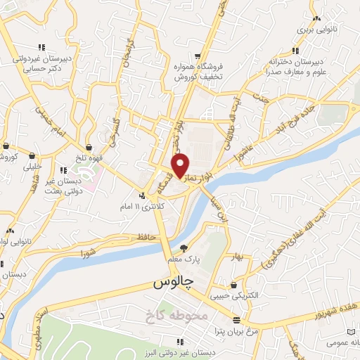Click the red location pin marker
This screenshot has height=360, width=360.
[x=181, y=166]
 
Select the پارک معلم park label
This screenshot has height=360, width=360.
[x=184, y=259]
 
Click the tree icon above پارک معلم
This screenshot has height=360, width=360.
[x=184, y=247]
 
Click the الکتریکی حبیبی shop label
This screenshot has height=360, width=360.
[x=233, y=296]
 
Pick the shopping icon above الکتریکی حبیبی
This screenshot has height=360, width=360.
[x=233, y=285]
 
